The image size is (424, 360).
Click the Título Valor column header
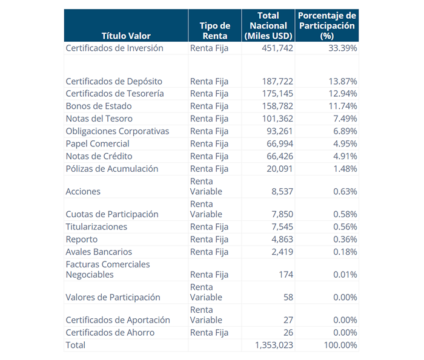click(126, 36)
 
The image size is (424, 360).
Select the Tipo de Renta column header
click(214, 31)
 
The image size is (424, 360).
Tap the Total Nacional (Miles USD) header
click(268, 26)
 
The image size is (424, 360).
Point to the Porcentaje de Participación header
click(326, 26)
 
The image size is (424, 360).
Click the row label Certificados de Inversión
click(114, 48)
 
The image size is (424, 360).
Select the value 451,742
click(277, 48)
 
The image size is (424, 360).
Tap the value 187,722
click(277, 82)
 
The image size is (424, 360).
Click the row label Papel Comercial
click(98, 144)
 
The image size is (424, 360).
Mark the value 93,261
click(279, 131)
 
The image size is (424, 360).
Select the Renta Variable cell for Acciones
click(206, 186)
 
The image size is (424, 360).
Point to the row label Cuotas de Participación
click(112, 214)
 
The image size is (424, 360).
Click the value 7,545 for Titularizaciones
click(282, 227)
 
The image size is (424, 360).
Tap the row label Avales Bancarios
click(99, 252)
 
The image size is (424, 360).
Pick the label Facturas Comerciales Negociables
click(107, 269)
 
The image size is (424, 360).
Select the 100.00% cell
click(339, 345)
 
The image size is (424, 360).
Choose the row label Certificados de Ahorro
click(110, 333)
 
